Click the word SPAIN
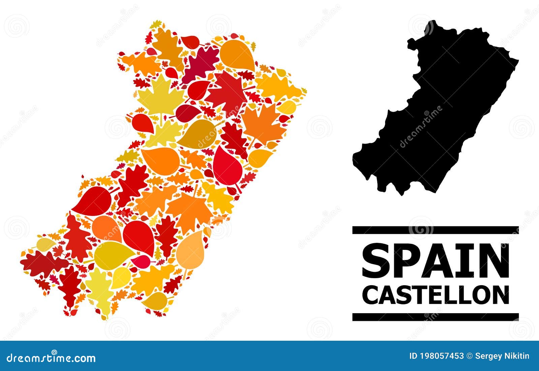click(435, 260)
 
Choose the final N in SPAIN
click(494, 260)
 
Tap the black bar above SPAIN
click(435, 230)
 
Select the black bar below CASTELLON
click(435, 317)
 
